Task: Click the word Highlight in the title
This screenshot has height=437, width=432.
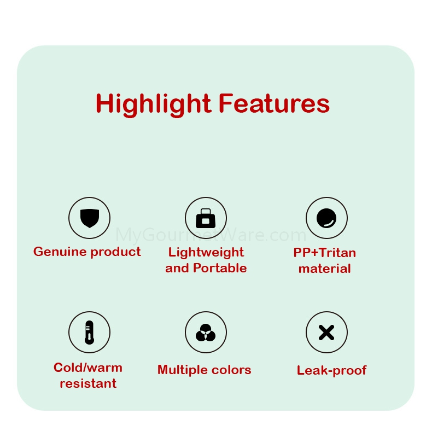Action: (x=154, y=104)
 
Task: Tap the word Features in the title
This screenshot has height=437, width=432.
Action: (x=274, y=104)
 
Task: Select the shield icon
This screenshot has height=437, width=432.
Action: (x=90, y=218)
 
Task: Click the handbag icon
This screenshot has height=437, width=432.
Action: (x=206, y=218)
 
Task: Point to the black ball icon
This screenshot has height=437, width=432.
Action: (x=326, y=218)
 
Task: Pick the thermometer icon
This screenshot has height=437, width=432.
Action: (x=89, y=332)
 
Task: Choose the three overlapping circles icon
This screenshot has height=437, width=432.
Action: (x=206, y=333)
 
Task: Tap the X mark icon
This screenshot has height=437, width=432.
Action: (x=326, y=333)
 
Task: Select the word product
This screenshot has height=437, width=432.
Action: (x=116, y=252)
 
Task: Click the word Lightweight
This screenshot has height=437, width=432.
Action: (x=206, y=253)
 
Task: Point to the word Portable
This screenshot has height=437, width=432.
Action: (x=220, y=268)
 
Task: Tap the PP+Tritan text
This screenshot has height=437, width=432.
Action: (x=325, y=253)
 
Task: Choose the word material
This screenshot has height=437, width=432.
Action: (x=325, y=269)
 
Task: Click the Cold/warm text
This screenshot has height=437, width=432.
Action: (x=88, y=368)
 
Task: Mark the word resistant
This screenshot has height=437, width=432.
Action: (x=88, y=383)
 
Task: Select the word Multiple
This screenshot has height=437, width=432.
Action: (x=182, y=370)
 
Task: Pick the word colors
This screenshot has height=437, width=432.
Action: (x=231, y=370)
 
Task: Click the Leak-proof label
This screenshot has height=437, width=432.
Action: (x=332, y=371)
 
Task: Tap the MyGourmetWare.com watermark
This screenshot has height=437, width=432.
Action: (x=211, y=235)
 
